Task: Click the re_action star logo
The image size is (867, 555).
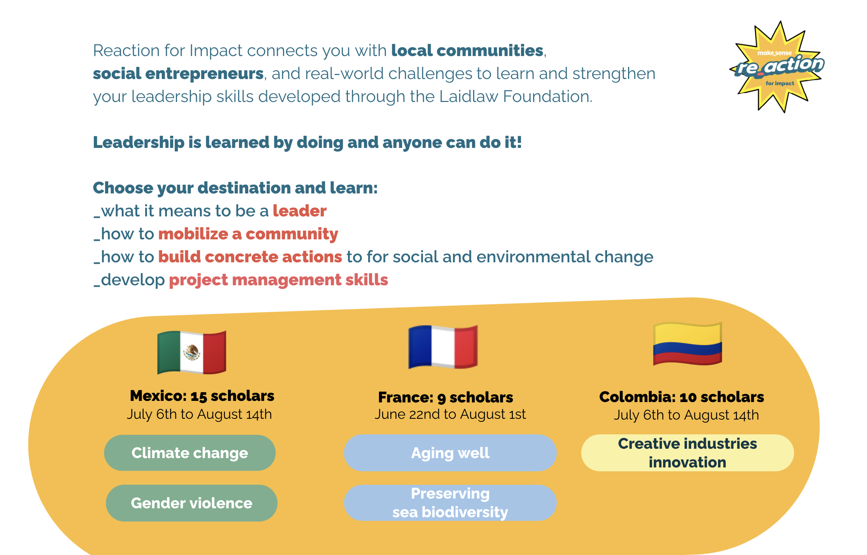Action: (777, 67)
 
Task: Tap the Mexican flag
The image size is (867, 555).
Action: (191, 352)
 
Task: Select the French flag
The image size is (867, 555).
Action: (443, 346)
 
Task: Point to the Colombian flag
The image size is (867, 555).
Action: (688, 344)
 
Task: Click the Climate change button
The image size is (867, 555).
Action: (190, 453)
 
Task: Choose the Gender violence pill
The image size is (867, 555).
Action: (191, 503)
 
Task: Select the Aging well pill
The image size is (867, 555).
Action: (450, 453)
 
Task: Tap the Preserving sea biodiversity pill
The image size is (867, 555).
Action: (450, 502)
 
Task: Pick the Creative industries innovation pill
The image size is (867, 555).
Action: (687, 453)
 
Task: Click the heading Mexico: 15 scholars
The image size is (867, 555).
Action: (202, 395)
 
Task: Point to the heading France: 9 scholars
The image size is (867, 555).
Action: (446, 397)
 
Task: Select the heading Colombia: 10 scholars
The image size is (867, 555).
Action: (681, 397)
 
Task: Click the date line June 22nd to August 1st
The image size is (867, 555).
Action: (450, 414)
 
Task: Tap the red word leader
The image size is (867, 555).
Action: (300, 211)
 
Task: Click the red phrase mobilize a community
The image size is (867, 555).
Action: (248, 234)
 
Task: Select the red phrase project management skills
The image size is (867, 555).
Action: (279, 280)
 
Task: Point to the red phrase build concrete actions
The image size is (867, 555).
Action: (250, 257)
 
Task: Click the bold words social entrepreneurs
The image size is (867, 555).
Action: (178, 74)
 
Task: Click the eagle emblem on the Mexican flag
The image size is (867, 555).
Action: (192, 353)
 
